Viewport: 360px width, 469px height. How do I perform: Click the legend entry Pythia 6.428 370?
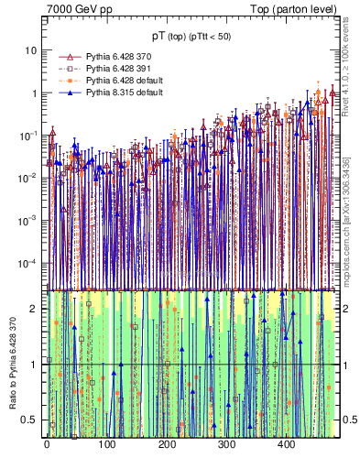119,56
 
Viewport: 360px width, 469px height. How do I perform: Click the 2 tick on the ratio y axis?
35,309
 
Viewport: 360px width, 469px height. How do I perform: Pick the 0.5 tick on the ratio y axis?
31,420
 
